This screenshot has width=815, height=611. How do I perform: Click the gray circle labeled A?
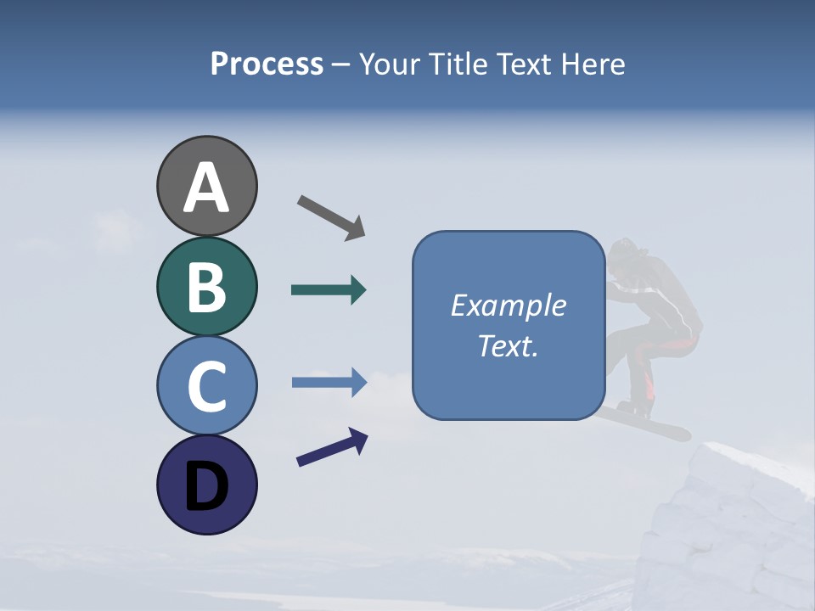click(x=206, y=186)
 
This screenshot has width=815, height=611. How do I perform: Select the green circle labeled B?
click(x=206, y=286)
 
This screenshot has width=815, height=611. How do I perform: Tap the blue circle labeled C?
click(x=206, y=385)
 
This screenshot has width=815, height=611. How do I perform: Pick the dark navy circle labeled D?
click(x=206, y=485)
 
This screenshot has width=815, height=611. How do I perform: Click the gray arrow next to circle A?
click(x=331, y=217)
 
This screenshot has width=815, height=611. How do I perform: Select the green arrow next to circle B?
click(x=329, y=290)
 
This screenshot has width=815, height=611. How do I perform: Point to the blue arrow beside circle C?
click(x=329, y=383)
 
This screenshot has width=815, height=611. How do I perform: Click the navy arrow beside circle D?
click(x=332, y=447)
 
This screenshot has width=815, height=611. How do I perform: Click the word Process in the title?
click(x=267, y=64)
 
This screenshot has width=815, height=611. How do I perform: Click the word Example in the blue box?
click(x=508, y=305)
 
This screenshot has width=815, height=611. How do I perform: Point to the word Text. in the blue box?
click(x=508, y=345)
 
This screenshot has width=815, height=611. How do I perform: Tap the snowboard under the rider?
click(x=645, y=421)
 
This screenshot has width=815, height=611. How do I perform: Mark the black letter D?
click(x=206, y=487)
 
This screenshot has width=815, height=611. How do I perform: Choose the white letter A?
click(x=206, y=188)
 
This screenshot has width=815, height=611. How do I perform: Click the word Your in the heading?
click(x=391, y=64)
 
